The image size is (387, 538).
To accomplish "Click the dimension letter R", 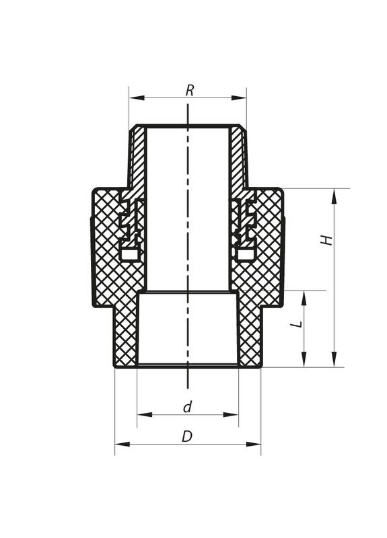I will tap(190, 90).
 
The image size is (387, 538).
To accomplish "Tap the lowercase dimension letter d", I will tap(188, 406).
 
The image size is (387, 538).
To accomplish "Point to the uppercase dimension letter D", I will tap(187, 436).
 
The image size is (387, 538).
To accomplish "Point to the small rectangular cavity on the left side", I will tap(131, 254).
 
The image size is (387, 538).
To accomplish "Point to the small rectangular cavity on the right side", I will tap(245, 254).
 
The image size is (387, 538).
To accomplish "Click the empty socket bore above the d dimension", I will tap(188, 330).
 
